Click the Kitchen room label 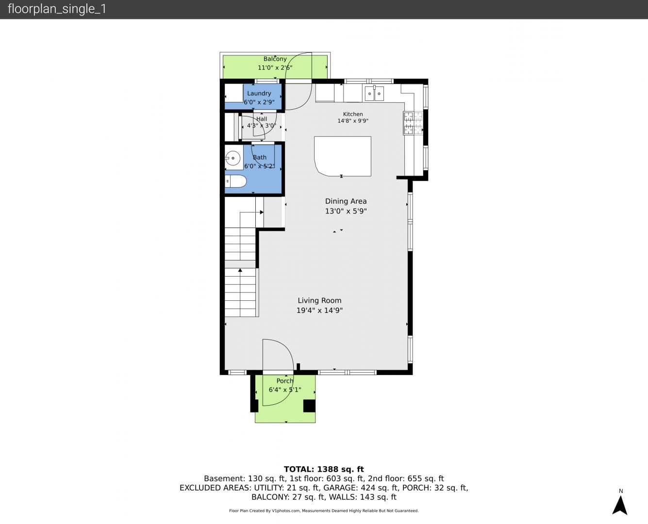point(353,114)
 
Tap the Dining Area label point(346,201)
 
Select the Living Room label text point(319,300)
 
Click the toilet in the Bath point(235,181)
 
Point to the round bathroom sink point(233,158)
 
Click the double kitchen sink point(374,93)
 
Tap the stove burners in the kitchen point(413,123)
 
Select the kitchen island point(343,156)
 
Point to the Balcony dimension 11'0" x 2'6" point(275,67)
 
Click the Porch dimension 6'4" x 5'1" point(285,390)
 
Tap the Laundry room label point(259,93)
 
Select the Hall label point(262,119)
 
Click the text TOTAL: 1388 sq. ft point(324,469)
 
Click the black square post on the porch point(309,406)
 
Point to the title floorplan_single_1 point(57,9)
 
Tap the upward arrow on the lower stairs point(240,270)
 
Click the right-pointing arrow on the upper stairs point(262,213)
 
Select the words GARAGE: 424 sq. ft point(361,488)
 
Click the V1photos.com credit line point(324,511)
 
